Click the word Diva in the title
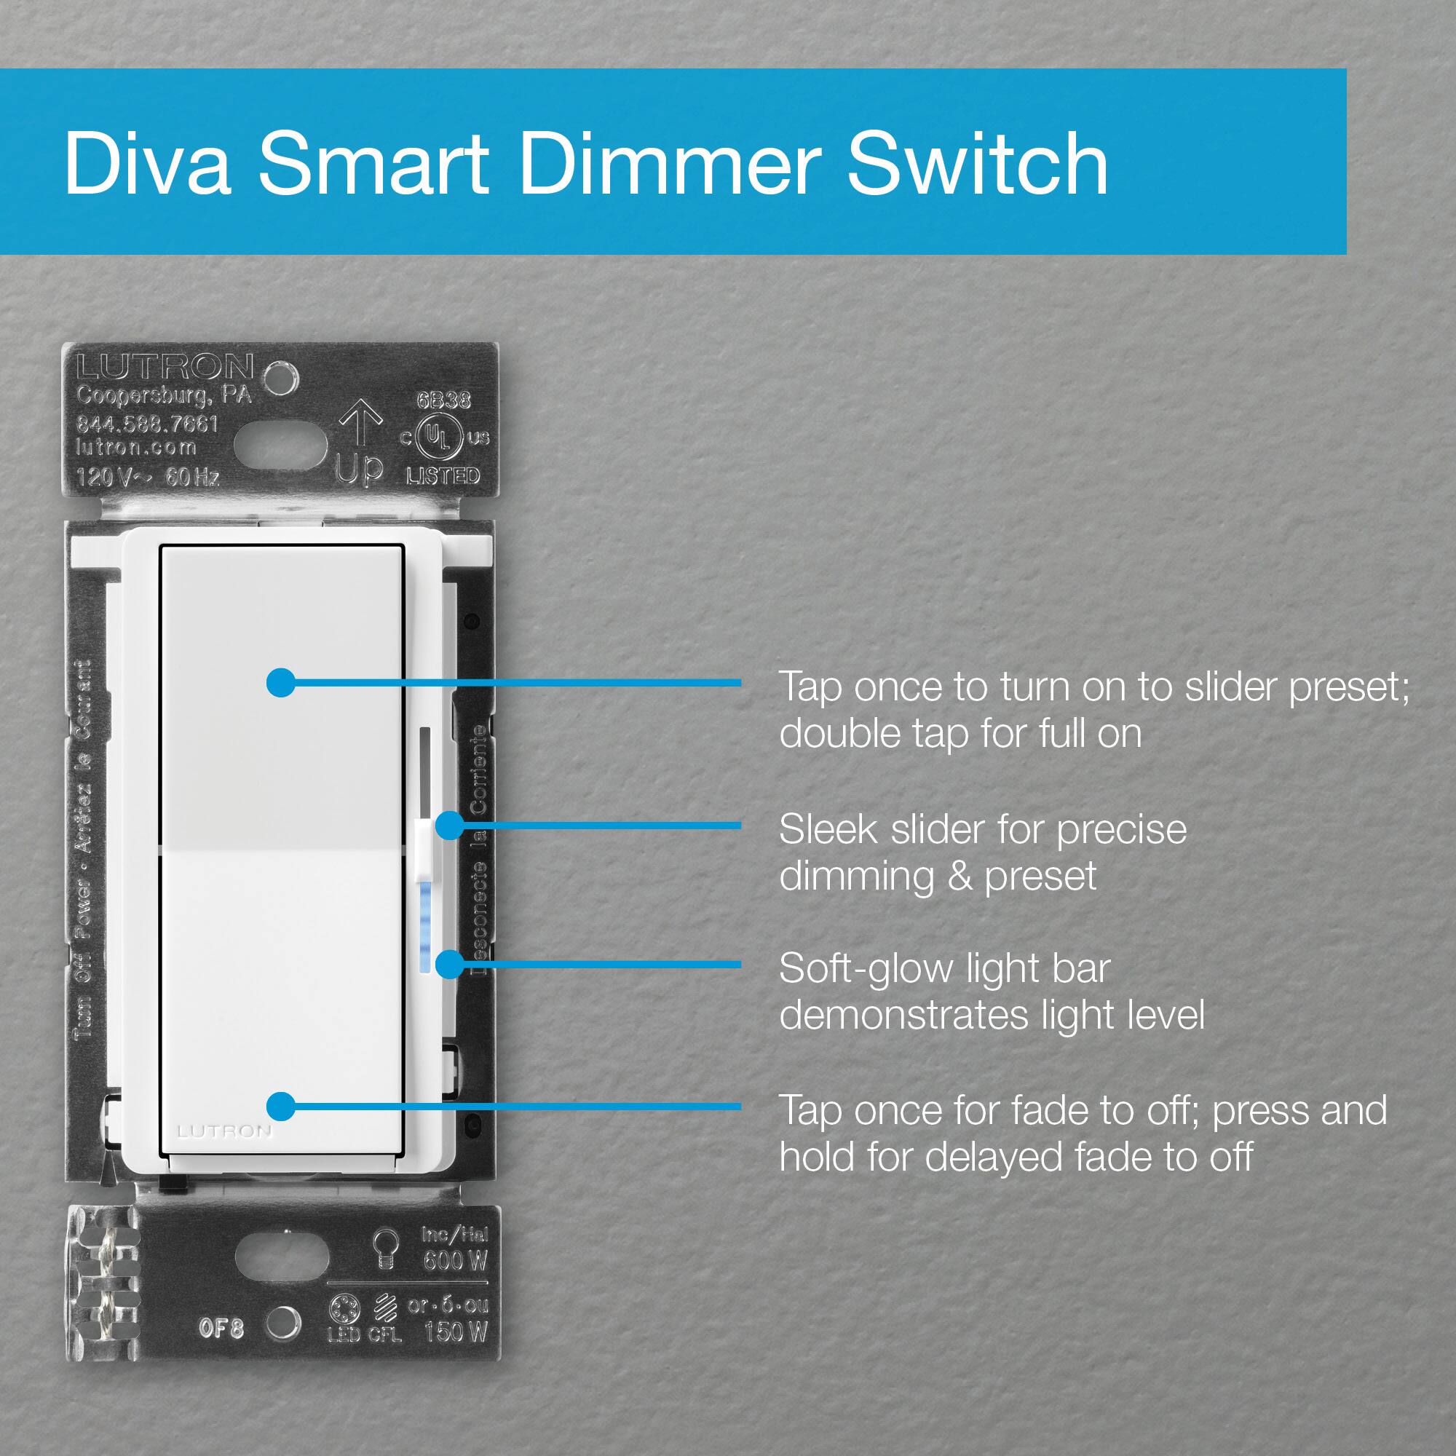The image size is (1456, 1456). [x=147, y=163]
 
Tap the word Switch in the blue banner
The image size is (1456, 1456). [x=978, y=163]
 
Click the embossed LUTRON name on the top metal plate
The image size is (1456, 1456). [x=165, y=367]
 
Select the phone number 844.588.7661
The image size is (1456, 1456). [x=147, y=424]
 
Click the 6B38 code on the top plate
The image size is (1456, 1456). [x=443, y=400]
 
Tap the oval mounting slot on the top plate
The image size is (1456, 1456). [x=280, y=446]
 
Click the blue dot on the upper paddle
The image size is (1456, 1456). [x=281, y=682]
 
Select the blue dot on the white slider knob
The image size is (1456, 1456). [x=449, y=826]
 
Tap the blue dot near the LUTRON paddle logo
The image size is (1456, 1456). [x=281, y=1107]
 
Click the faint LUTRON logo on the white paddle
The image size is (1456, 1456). [x=223, y=1131]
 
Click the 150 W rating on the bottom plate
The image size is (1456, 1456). [x=455, y=1332]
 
